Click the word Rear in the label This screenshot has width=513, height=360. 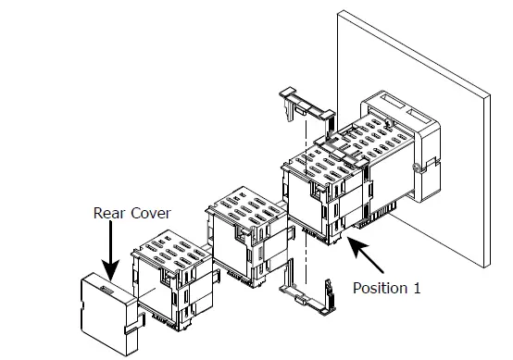pos(109,212)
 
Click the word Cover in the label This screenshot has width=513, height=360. pos(149,212)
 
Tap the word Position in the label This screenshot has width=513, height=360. pos(380,288)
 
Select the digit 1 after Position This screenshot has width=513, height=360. pos(417,288)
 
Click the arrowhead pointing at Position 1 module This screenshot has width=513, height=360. pos(354,243)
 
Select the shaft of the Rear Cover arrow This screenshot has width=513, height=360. pos(110,245)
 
